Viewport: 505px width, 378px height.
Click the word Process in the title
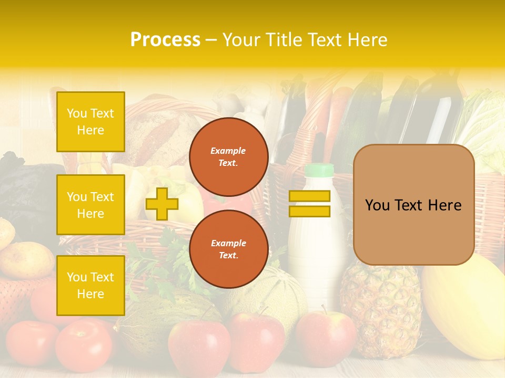(165, 40)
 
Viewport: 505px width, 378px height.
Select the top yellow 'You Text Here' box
(90, 122)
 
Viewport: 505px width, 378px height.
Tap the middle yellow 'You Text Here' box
(90, 205)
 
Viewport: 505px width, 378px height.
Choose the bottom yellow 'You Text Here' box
(90, 286)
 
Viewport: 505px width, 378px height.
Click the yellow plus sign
(161, 204)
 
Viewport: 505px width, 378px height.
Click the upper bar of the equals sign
(309, 196)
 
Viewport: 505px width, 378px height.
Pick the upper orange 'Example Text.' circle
(228, 157)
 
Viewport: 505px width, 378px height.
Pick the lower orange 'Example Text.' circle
(228, 249)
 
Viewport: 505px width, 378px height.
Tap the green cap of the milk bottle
(319, 170)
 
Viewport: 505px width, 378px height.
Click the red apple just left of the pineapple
(325, 336)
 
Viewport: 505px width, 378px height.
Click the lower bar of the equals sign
(309, 212)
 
